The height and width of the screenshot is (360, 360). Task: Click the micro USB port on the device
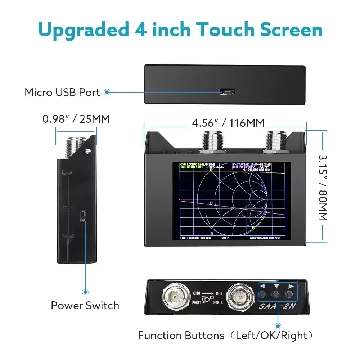click(228, 92)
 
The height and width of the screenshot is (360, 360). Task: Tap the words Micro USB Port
click(62, 93)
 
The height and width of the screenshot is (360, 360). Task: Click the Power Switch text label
click(85, 306)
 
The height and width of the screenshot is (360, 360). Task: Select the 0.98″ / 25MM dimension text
click(76, 119)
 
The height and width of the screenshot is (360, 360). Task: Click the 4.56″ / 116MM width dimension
click(228, 123)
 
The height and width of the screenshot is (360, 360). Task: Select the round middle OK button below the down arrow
click(276, 294)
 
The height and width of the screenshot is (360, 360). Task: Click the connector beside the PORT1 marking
click(176, 297)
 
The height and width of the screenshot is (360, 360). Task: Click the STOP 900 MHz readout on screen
click(265, 238)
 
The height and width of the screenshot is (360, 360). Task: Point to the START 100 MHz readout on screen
click(195, 238)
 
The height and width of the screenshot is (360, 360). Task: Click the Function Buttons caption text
click(181, 336)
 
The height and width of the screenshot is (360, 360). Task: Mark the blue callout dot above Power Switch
click(85, 292)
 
